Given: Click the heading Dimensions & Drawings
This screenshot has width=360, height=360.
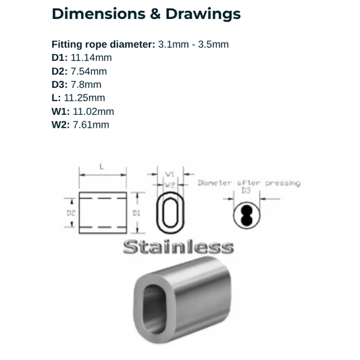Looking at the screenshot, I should pyautogui.click(x=146, y=14).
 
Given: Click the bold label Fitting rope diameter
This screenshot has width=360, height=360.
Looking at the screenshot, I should pyautogui.click(x=103, y=44).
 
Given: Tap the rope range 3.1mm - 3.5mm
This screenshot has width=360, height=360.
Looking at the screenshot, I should pyautogui.click(x=194, y=44).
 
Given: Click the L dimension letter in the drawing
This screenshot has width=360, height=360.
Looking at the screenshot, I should pyautogui.click(x=101, y=165).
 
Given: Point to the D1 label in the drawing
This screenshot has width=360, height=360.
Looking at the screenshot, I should pyautogui.click(x=136, y=212).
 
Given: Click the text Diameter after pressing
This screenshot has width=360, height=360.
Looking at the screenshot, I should pyautogui.click(x=249, y=183).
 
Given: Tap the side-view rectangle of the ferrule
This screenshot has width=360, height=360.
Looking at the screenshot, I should pyautogui.click(x=103, y=213).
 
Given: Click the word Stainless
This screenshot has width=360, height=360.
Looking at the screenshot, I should pyautogui.click(x=178, y=247).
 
